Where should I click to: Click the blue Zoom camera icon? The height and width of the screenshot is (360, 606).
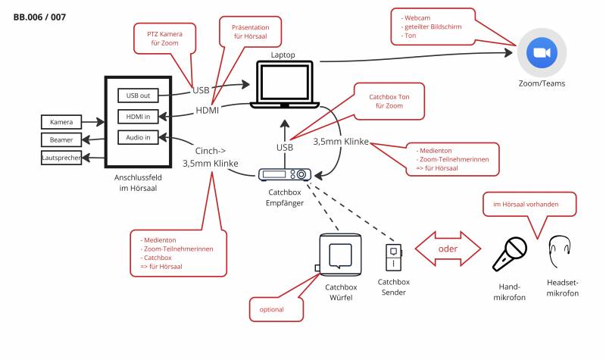[542, 52]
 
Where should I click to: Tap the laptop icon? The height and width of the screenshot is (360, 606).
[284, 86]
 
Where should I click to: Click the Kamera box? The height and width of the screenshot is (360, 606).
[61, 122]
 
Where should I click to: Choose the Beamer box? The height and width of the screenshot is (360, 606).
[61, 139]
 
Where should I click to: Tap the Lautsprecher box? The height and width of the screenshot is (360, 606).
[61, 157]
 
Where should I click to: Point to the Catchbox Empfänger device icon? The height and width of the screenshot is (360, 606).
[284, 174]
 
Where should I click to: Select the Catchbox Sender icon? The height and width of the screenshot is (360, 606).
[393, 256]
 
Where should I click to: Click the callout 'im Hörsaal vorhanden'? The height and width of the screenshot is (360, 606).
[529, 204]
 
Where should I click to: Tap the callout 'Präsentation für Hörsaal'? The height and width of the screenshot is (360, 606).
[250, 32]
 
